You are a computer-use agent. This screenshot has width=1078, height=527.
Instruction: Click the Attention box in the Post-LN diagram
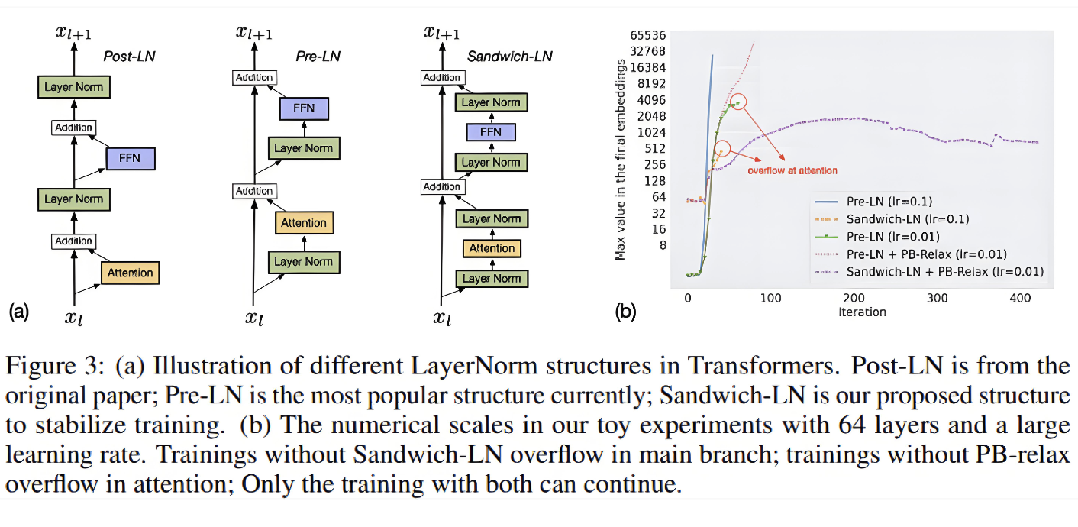(x=131, y=273)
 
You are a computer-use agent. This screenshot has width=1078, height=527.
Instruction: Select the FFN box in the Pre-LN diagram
(x=304, y=108)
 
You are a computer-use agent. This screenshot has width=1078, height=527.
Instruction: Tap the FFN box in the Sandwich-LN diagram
(x=491, y=132)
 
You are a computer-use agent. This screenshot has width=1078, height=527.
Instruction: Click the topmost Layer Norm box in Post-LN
(x=73, y=87)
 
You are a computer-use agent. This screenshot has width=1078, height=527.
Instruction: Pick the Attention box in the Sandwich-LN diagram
(x=492, y=248)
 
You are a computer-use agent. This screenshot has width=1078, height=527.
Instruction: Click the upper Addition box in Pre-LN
(x=254, y=77)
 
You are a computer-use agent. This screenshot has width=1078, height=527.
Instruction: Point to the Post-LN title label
(x=130, y=57)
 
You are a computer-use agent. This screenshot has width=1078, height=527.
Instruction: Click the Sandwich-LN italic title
(x=510, y=57)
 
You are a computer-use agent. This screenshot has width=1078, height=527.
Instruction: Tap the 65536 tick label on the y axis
(x=647, y=35)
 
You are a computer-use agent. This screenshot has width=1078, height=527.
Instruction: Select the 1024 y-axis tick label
(x=652, y=132)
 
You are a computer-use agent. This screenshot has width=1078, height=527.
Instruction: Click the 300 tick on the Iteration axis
(x=937, y=299)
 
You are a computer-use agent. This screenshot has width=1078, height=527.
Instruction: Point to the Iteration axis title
(x=862, y=312)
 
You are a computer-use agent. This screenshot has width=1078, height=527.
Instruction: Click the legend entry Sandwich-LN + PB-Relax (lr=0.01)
(x=929, y=272)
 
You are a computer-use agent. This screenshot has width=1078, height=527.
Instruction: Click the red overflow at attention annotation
(x=792, y=171)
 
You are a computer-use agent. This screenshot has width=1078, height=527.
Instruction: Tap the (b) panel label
(x=625, y=312)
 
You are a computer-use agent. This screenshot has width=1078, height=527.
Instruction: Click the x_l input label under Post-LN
(x=73, y=318)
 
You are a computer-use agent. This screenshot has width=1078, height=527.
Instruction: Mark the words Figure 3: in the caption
(x=54, y=366)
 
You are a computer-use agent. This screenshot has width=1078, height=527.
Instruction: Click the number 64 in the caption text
(x=851, y=425)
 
